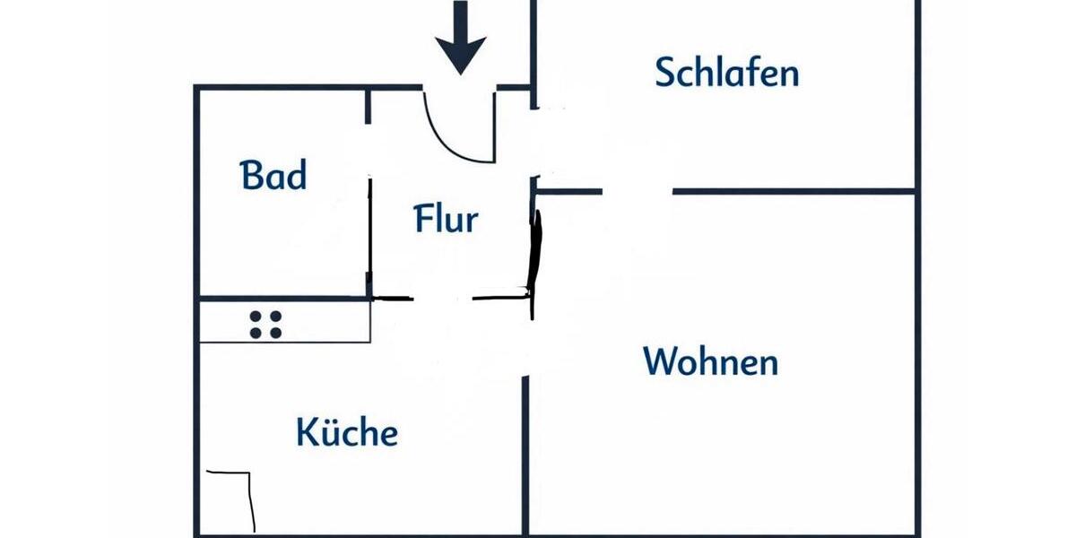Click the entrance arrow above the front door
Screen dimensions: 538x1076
(x=461, y=40)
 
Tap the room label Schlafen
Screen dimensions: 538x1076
(x=726, y=72)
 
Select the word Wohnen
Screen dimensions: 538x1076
(x=710, y=362)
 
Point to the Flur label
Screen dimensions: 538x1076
(x=446, y=218)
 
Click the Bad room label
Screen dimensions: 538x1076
(x=273, y=175)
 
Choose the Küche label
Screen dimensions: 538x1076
(x=347, y=433)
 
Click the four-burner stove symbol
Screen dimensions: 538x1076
(x=265, y=325)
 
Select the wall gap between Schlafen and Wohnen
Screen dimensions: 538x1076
(x=637, y=191)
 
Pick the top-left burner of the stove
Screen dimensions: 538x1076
(x=256, y=317)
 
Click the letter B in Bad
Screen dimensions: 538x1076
(x=251, y=176)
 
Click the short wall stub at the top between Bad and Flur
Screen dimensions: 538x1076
(x=369, y=106)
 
